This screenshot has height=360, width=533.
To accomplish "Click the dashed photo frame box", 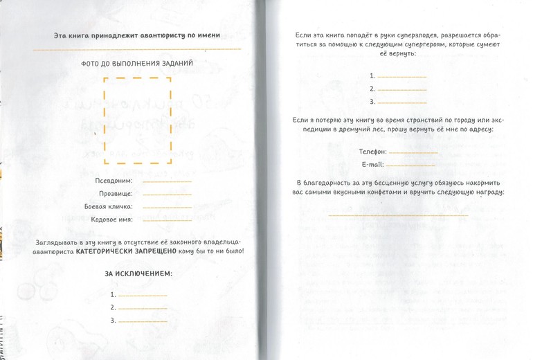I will coord(137,121).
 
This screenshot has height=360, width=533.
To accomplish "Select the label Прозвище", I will coord(117,194).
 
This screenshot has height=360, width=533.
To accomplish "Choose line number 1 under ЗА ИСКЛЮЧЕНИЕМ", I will coord(143,294).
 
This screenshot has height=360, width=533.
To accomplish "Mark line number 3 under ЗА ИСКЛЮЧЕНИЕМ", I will coord(143,321).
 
